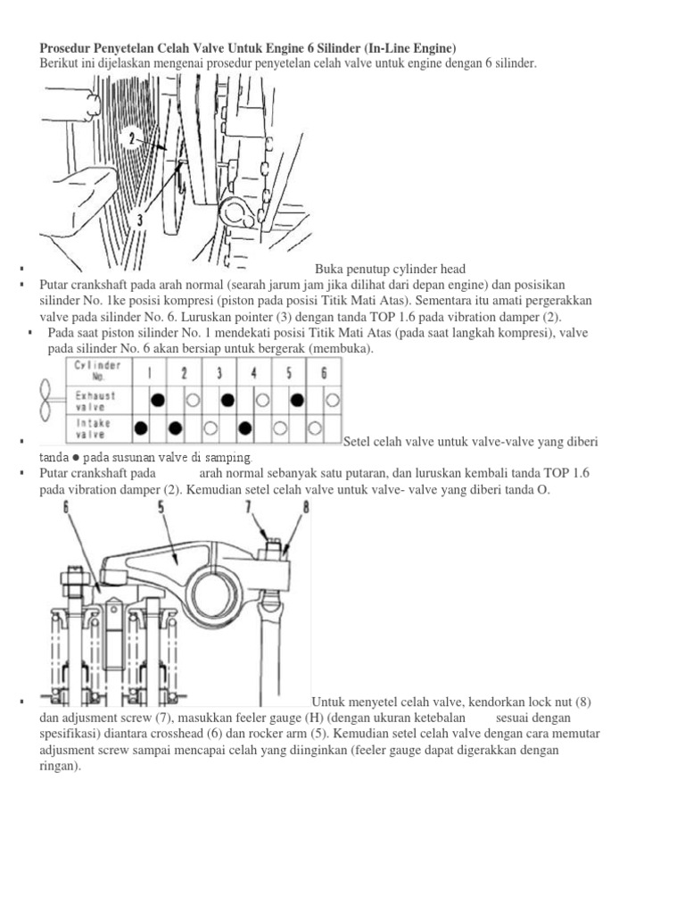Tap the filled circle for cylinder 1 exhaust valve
click(x=158, y=400)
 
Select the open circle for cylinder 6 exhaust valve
click(x=332, y=400)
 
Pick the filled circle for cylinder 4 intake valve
click(x=244, y=428)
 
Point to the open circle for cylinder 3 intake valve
click(x=210, y=428)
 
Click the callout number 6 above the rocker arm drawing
click(x=66, y=509)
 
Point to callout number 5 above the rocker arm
click(x=161, y=509)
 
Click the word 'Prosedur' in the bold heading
click(x=64, y=47)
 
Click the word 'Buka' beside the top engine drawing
click(x=329, y=269)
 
